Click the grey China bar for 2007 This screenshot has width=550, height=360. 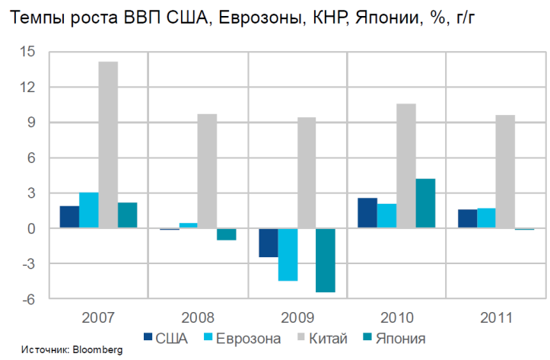pyautogui.click(x=108, y=145)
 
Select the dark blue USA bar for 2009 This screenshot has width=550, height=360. pyautogui.click(x=268, y=243)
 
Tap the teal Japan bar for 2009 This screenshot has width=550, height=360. pyautogui.click(x=326, y=260)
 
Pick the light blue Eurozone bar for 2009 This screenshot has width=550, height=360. pyautogui.click(x=288, y=254)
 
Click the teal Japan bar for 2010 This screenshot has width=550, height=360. pyautogui.click(x=425, y=203)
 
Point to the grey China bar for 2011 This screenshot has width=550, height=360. pyautogui.click(x=505, y=172)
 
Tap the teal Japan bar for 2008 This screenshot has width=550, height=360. pyautogui.click(x=227, y=234)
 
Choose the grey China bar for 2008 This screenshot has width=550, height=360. pyautogui.click(x=207, y=171)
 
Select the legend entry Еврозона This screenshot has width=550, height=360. pyautogui.click(x=242, y=337)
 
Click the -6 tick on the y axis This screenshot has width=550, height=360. pyautogui.click(x=28, y=299)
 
